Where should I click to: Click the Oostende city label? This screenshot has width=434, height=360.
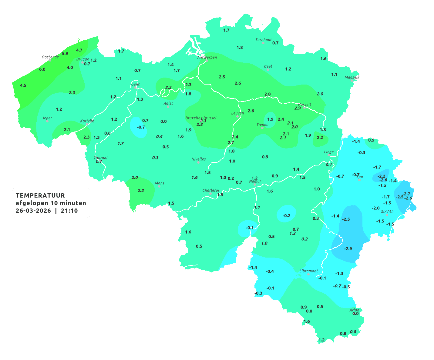click(50, 57)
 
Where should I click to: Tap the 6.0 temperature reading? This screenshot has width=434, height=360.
click(42, 69)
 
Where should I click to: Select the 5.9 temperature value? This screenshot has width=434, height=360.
click(65, 54)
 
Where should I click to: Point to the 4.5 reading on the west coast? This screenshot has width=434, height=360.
click(23, 85)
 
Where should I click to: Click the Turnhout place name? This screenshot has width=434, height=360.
click(264, 40)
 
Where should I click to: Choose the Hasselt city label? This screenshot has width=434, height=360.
click(304, 105)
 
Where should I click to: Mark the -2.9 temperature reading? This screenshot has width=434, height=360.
click(348, 249)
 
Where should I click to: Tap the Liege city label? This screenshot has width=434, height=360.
click(329, 152)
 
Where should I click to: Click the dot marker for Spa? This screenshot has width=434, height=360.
click(359, 180)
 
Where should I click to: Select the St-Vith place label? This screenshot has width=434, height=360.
click(387, 212)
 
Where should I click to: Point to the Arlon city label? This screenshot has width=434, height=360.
click(354, 310)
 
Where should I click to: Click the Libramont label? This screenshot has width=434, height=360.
click(309, 271)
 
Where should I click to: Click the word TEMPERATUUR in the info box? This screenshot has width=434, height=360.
click(40, 195)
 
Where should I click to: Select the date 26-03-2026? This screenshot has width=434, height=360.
click(33, 211)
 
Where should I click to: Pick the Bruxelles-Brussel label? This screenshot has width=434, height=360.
click(201, 118)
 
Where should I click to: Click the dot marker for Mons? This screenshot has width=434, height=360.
click(159, 186)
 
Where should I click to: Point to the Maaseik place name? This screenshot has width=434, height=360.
click(352, 77)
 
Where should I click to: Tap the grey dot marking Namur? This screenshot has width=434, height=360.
click(255, 185)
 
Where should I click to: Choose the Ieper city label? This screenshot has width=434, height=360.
click(48, 118)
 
